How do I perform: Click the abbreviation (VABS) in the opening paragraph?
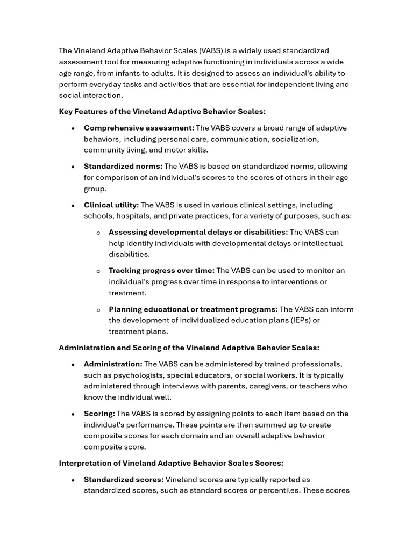click(213, 51)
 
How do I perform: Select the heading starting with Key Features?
click(162, 112)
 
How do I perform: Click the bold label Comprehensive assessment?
click(139, 128)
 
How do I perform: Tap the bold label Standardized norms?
click(123, 167)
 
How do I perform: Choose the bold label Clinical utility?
click(111, 205)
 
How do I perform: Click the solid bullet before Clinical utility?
click(73, 206)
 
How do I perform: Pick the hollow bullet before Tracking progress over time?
click(98, 271)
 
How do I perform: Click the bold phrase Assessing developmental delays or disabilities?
click(198, 232)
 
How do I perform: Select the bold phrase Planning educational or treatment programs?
click(193, 309)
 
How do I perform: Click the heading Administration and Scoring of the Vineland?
click(189, 348)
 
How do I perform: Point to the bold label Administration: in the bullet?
click(113, 364)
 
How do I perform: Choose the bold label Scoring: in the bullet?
click(99, 414)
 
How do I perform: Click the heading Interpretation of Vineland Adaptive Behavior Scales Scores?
click(171, 463)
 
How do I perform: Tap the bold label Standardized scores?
click(124, 480)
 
